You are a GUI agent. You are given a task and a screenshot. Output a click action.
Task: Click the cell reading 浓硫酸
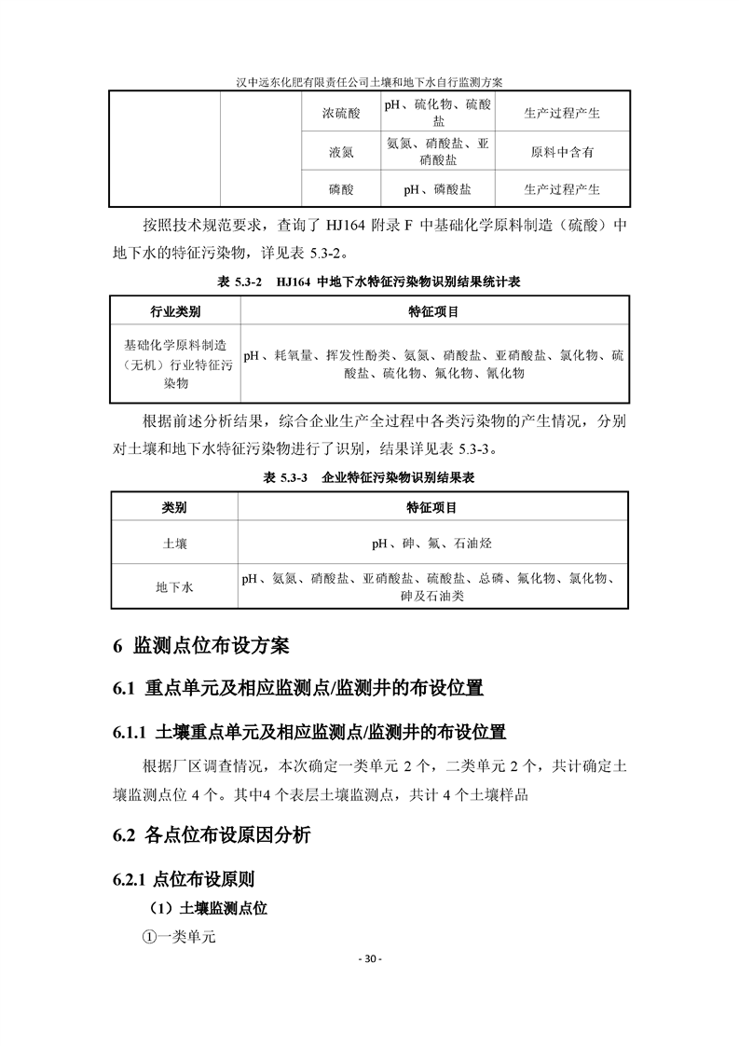tap(341, 114)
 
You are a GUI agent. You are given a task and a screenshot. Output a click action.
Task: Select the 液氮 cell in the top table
tap(341, 152)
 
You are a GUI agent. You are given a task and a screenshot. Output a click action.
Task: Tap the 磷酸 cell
tap(341, 189)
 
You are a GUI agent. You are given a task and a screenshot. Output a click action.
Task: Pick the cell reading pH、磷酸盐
tap(437, 189)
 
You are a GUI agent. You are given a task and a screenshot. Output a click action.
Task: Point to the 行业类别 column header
tap(175, 312)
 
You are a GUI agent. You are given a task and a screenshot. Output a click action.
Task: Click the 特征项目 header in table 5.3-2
tap(433, 312)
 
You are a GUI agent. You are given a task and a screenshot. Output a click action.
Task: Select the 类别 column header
tap(174, 508)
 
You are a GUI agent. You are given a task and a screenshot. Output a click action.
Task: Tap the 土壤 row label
tap(174, 543)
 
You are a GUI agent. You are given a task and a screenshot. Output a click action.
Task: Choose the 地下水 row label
tap(174, 587)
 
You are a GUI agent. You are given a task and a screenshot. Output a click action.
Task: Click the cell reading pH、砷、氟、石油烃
tap(431, 543)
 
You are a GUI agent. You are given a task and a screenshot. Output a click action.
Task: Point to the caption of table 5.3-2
tap(369, 282)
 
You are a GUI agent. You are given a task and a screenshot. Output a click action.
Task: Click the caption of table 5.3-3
tap(369, 477)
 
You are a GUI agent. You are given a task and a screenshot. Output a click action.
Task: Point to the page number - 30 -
tap(369, 959)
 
